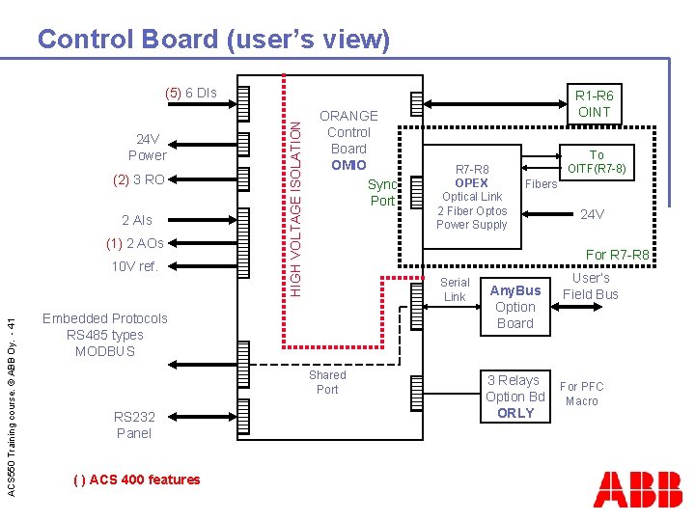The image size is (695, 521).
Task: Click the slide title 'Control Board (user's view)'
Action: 213,40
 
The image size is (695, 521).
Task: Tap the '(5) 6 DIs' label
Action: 190,93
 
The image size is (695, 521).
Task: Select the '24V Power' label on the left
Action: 147,147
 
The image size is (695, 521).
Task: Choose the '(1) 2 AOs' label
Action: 134,243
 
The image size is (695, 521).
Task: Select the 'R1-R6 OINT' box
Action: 595,103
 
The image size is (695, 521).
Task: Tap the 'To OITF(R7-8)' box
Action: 597,161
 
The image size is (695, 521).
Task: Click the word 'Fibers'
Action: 541,183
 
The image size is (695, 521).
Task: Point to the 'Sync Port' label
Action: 382,192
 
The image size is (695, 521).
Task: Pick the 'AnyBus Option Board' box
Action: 514,307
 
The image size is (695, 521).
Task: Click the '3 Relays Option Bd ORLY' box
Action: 514,397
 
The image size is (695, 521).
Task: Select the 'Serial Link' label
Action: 454,289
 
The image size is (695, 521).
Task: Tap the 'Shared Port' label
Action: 327,382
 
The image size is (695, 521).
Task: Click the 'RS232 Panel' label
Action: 134,425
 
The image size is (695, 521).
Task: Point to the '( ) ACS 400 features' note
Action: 136,480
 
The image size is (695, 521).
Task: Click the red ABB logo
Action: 638,489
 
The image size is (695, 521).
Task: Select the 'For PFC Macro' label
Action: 581,394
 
